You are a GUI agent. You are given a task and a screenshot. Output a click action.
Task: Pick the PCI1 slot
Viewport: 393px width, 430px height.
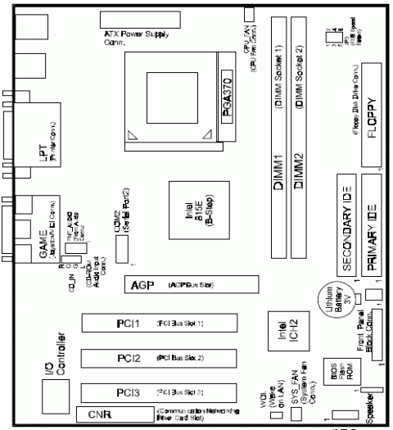pos(156,324)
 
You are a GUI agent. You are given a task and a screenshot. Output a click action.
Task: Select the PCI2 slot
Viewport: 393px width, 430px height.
pos(156,359)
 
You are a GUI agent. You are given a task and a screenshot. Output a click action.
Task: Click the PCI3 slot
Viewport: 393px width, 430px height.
pos(156,392)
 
